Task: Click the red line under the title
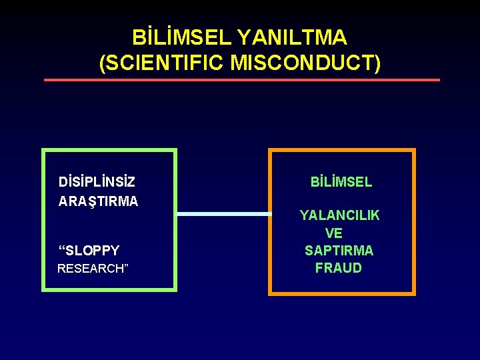point(241,80)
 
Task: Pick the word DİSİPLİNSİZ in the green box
point(97,182)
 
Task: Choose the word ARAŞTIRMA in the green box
point(98,201)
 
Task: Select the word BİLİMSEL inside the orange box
point(341,181)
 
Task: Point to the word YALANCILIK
point(339,215)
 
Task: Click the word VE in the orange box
point(334,233)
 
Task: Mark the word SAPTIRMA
point(339,251)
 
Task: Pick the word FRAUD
point(339,268)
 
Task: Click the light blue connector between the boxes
point(223,214)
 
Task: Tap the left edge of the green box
point(43,220)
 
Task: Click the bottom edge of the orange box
point(341,293)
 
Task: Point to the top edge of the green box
point(109,150)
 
